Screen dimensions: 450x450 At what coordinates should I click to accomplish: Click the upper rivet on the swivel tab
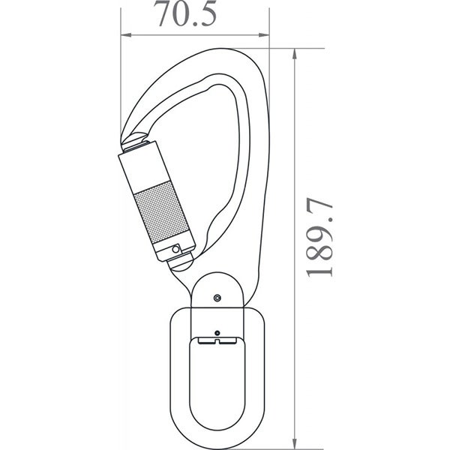(217, 298)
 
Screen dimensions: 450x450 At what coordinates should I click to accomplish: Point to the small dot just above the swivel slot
(217, 331)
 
